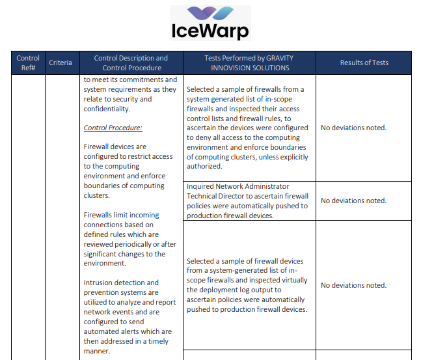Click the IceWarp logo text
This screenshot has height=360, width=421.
coord(210,31)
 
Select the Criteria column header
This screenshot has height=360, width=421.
coord(61,62)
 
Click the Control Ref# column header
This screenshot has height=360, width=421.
coord(28,62)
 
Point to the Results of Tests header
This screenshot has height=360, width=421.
coord(364,62)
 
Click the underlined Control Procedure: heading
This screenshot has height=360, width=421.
coord(113,128)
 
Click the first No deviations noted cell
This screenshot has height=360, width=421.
coord(353,128)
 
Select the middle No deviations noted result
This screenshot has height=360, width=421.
coord(353,201)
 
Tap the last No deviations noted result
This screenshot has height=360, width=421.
coord(353,285)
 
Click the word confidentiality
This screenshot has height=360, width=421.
coord(111,109)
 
